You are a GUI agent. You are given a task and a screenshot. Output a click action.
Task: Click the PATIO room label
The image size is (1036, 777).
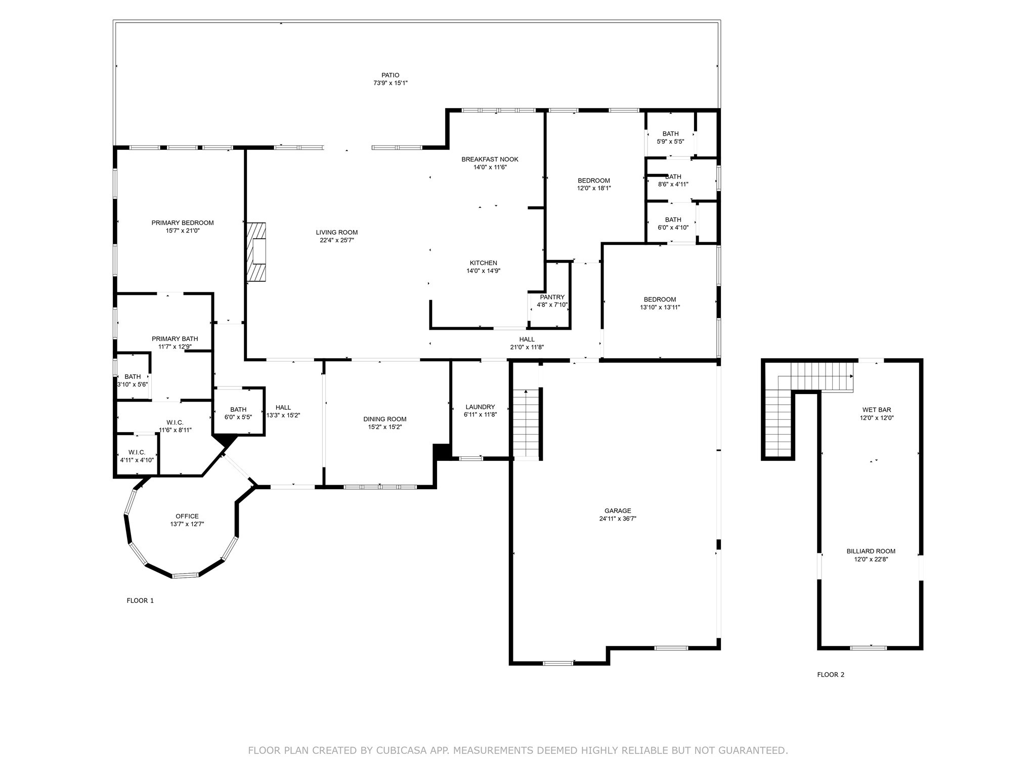(390, 75)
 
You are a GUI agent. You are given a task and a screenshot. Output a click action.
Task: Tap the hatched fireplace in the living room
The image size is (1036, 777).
(256, 252)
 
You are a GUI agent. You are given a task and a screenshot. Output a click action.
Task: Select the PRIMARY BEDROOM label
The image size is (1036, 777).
(183, 223)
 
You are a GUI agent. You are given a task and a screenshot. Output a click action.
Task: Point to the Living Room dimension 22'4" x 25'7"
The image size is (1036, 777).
(337, 240)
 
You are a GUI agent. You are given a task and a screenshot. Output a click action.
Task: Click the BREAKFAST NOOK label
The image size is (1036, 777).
(490, 159)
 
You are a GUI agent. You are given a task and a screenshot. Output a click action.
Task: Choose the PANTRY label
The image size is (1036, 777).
(552, 297)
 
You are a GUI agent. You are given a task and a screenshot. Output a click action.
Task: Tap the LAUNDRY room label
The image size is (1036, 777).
(480, 407)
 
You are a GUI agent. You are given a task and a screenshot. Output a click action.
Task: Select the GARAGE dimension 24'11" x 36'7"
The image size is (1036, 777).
(617, 519)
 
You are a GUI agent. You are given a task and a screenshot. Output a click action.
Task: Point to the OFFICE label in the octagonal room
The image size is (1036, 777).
(187, 516)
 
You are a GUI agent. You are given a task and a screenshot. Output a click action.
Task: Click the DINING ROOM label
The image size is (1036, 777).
(384, 419)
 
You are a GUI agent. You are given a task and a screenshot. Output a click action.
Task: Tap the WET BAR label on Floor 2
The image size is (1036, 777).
(877, 410)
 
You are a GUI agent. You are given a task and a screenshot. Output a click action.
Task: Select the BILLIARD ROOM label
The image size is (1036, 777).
(871, 551)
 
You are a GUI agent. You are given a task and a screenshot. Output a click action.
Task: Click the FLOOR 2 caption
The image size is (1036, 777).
(831, 674)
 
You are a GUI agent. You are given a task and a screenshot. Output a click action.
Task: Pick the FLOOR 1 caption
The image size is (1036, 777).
(140, 600)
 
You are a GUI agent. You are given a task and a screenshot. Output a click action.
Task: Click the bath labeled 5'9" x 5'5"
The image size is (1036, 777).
(670, 138)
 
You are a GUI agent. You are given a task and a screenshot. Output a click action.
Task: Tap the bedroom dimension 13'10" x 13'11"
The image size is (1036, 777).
(660, 307)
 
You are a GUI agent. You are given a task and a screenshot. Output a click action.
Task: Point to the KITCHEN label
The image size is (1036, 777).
(483, 263)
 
